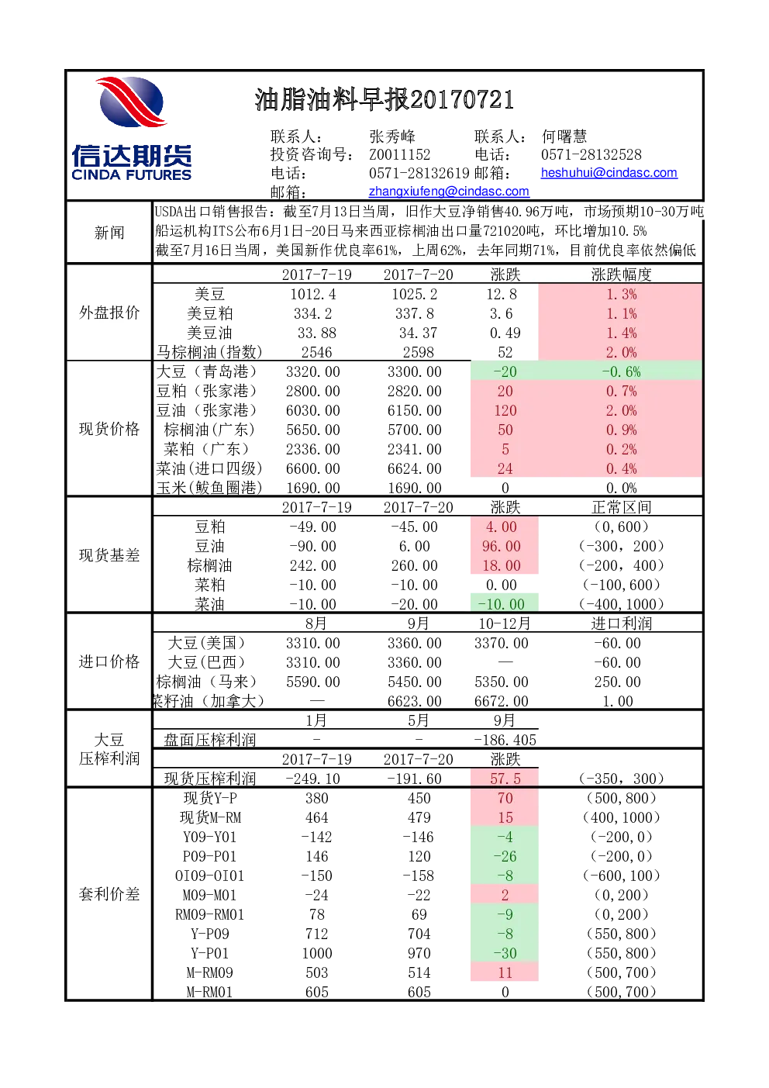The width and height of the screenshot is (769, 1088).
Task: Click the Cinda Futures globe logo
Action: click(x=132, y=102)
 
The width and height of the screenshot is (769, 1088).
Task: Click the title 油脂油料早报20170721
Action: click(x=384, y=100)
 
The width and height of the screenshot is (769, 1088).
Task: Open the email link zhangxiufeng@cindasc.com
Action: click(x=449, y=192)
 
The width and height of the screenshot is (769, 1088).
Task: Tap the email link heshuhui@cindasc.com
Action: click(x=609, y=173)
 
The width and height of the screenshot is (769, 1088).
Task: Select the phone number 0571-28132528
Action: click(x=591, y=154)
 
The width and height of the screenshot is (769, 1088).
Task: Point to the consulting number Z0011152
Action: click(x=399, y=154)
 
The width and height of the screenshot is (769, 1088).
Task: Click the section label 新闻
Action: click(x=109, y=233)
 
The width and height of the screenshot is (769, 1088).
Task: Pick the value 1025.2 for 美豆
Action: click(x=414, y=295)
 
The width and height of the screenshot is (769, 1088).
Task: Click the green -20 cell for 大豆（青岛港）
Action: click(x=505, y=371)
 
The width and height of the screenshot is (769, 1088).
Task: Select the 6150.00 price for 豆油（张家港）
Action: click(x=414, y=410)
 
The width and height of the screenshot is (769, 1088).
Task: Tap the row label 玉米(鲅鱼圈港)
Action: click(x=209, y=488)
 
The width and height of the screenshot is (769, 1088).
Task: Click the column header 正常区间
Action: click(x=622, y=507)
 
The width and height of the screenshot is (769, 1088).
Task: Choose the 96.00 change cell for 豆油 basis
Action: click(x=501, y=546)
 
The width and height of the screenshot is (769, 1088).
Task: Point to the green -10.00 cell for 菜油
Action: click(x=501, y=604)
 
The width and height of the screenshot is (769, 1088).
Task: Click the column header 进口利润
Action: click(x=622, y=623)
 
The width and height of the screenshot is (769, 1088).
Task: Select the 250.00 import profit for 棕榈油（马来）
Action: click(x=618, y=682)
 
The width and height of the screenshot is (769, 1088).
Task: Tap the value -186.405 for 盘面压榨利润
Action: click(x=505, y=740)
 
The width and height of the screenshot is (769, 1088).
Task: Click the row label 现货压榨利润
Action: click(x=210, y=779)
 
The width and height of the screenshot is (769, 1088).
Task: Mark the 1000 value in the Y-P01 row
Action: click(x=317, y=953)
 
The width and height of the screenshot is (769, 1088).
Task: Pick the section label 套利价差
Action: click(x=109, y=894)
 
